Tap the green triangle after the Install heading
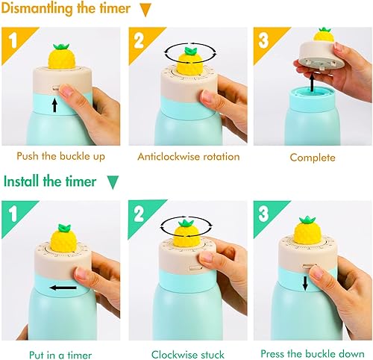pos(113,182)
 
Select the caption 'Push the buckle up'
pos(60,157)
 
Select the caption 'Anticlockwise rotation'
pos(189,157)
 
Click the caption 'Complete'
pos(313,158)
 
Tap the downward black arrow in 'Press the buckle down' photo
pos(305,282)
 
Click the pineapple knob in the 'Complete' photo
pos(323,35)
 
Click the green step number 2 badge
pos(137,210)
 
